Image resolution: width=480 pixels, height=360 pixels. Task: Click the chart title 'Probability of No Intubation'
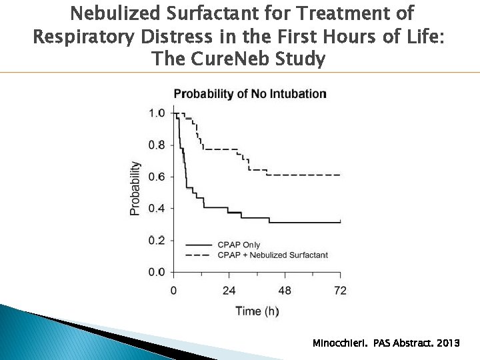point(250,94)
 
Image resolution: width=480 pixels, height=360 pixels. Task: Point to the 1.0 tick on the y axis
point(157,113)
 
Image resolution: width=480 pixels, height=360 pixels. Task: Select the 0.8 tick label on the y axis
point(157,145)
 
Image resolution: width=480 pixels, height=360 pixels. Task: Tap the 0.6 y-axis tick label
point(157,177)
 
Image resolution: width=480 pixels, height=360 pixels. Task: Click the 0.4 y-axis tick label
point(157,209)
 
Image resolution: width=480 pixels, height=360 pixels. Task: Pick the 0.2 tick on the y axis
point(157,240)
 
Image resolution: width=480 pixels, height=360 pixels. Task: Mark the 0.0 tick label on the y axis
point(157,272)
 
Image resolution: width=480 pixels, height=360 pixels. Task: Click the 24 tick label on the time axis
point(229,290)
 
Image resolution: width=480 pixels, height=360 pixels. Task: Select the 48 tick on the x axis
point(285,290)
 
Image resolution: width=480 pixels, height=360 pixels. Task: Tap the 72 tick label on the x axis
point(340,290)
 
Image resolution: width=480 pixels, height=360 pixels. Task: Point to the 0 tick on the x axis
point(173,290)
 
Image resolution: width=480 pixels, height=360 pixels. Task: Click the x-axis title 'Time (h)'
point(257,311)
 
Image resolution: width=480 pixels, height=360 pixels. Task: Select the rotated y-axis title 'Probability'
point(135,188)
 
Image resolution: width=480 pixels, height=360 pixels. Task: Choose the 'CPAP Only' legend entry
point(239,245)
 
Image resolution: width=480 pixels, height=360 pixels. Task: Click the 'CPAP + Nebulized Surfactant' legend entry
point(272,255)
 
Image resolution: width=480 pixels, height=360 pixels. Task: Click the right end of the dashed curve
point(340,175)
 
